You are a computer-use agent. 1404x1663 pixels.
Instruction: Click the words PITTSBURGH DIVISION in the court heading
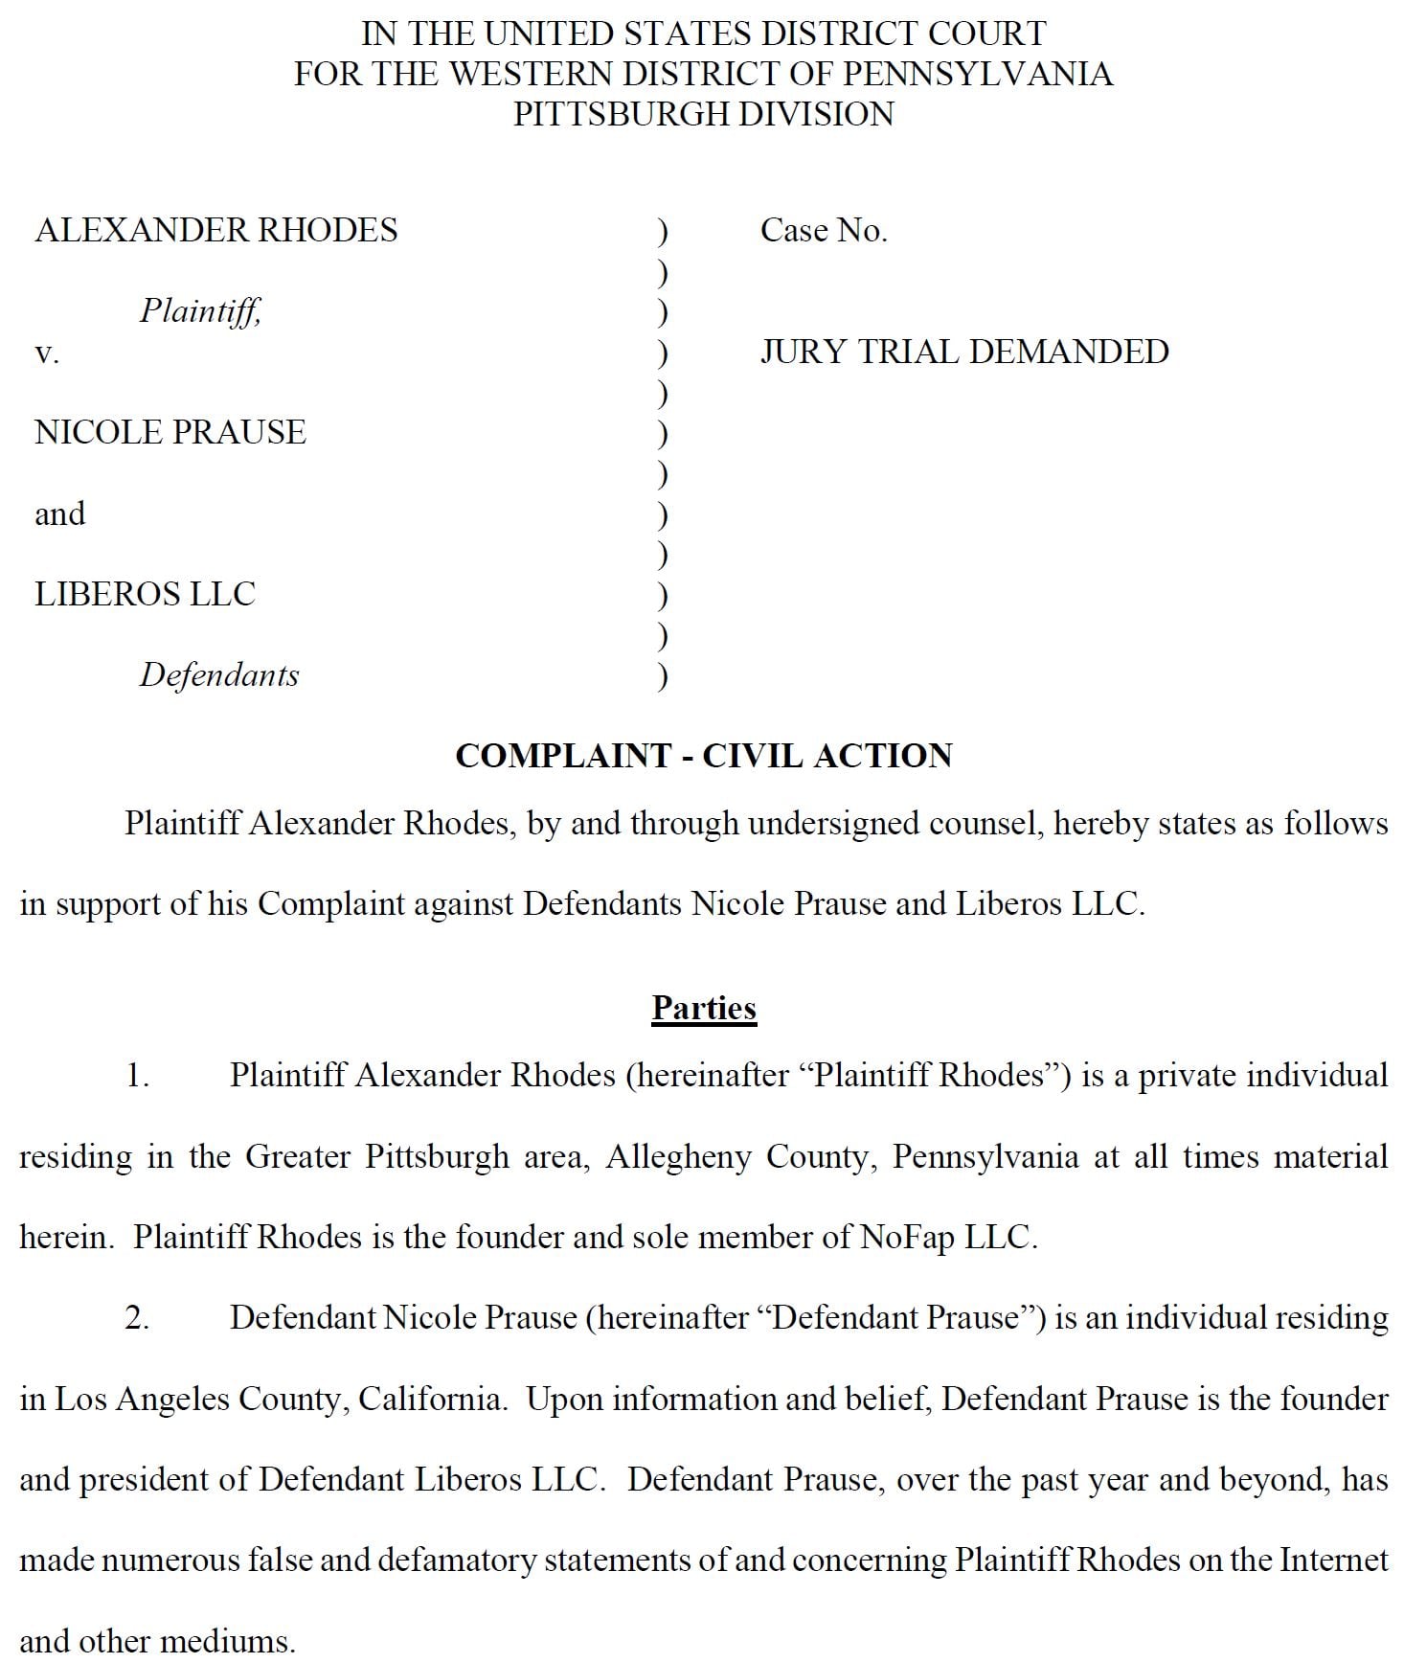pyautogui.click(x=703, y=114)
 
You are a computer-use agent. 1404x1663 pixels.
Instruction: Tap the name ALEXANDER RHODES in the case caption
pyautogui.click(x=216, y=230)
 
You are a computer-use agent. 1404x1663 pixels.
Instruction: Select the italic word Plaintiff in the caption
pyautogui.click(x=200, y=310)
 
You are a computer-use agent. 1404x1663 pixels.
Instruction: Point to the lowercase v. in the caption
pyautogui.click(x=47, y=353)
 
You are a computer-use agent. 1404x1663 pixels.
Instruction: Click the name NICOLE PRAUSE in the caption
pyautogui.click(x=170, y=432)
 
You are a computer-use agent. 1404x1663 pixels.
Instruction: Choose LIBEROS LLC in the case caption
pyautogui.click(x=146, y=594)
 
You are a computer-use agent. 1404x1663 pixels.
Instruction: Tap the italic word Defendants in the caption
pyautogui.click(x=219, y=674)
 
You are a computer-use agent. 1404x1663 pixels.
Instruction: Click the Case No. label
pyautogui.click(x=824, y=230)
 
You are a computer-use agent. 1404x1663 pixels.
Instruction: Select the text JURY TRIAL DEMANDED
pyautogui.click(x=964, y=352)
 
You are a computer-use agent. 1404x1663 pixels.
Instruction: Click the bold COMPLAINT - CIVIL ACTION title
pyautogui.click(x=703, y=756)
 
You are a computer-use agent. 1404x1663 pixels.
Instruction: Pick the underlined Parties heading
pyautogui.click(x=704, y=1008)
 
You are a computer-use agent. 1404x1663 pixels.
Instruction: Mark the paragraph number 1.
pyautogui.click(x=137, y=1075)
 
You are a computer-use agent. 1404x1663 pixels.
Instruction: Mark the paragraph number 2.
pyautogui.click(x=137, y=1317)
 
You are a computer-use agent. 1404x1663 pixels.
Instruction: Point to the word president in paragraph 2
pyautogui.click(x=145, y=1480)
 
